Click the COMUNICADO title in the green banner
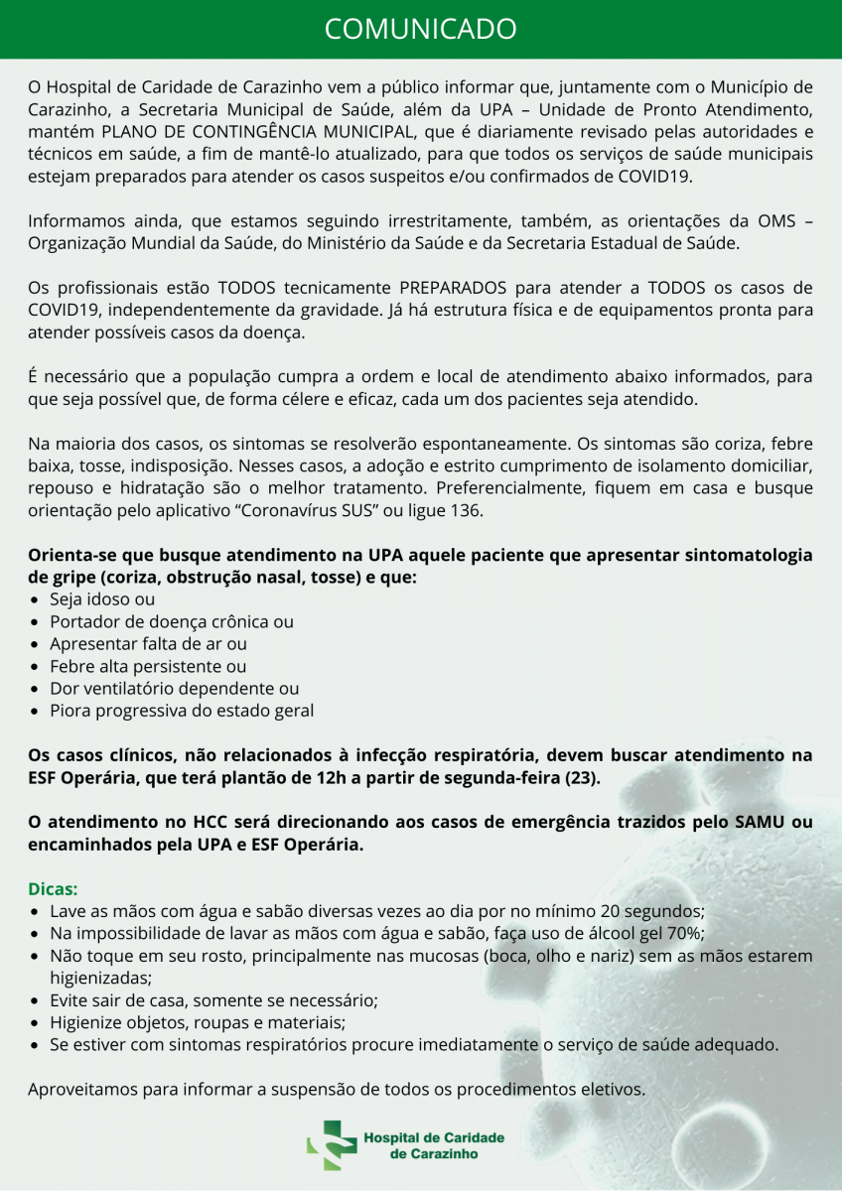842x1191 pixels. coord(421,29)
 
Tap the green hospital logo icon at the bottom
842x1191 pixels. coord(331,1145)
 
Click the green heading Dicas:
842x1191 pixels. coord(53,888)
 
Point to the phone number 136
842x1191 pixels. coord(469,510)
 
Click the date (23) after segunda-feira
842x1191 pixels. coord(583,776)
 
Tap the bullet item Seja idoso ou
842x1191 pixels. coord(102,599)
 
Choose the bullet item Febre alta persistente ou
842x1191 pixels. coord(148,666)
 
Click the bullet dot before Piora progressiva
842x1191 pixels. coord(36,711)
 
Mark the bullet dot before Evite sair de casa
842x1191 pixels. coord(36,1000)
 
